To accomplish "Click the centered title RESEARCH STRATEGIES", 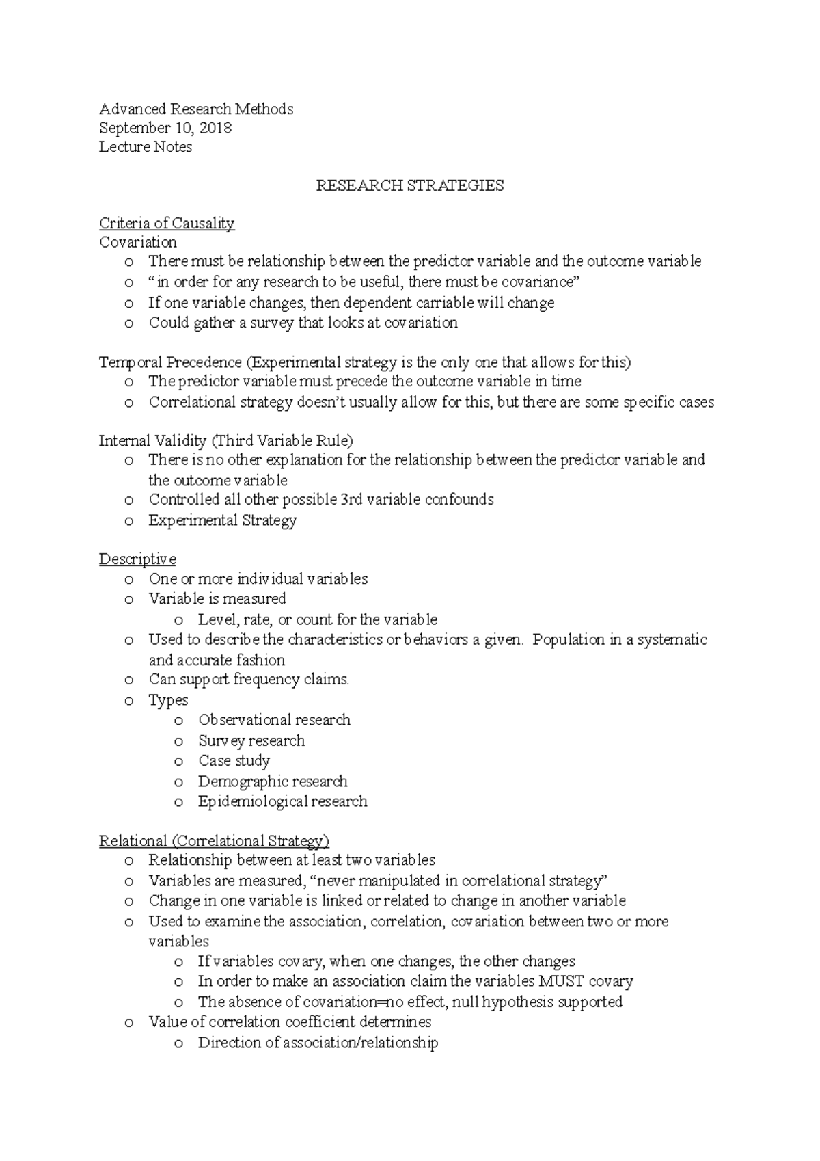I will tap(409, 185).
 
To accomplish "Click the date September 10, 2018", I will tap(165, 128).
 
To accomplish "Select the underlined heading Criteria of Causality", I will tap(167, 223).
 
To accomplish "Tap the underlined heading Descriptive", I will tap(137, 559).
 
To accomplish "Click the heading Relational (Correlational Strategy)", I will tap(214, 840).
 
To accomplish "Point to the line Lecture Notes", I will tap(146, 147).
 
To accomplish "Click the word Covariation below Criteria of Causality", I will tap(138, 242).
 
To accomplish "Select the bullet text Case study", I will tap(234, 760).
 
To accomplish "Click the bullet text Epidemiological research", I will tap(282, 801).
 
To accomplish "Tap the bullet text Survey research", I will tap(251, 740).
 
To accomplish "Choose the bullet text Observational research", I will tap(274, 720).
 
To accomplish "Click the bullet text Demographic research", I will tap(273, 781).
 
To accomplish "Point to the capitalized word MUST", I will tap(562, 981).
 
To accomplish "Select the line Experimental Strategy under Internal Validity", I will tap(222, 520).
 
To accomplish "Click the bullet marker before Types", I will tap(129, 701).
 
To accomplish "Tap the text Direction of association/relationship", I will tap(318, 1043).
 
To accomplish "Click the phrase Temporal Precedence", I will tap(170, 362).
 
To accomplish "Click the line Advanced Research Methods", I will tap(196, 109).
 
